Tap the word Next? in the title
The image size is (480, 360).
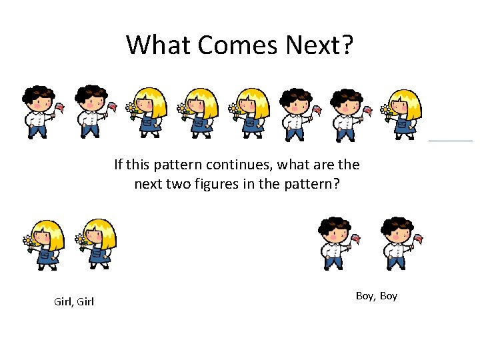[320, 45]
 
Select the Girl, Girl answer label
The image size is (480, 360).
[73, 302]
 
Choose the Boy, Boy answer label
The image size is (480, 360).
[377, 295]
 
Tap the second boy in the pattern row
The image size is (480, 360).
[91, 112]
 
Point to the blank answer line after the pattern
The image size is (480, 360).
[450, 140]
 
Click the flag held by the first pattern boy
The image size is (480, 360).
[60, 107]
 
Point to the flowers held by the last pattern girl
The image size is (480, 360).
[386, 109]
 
